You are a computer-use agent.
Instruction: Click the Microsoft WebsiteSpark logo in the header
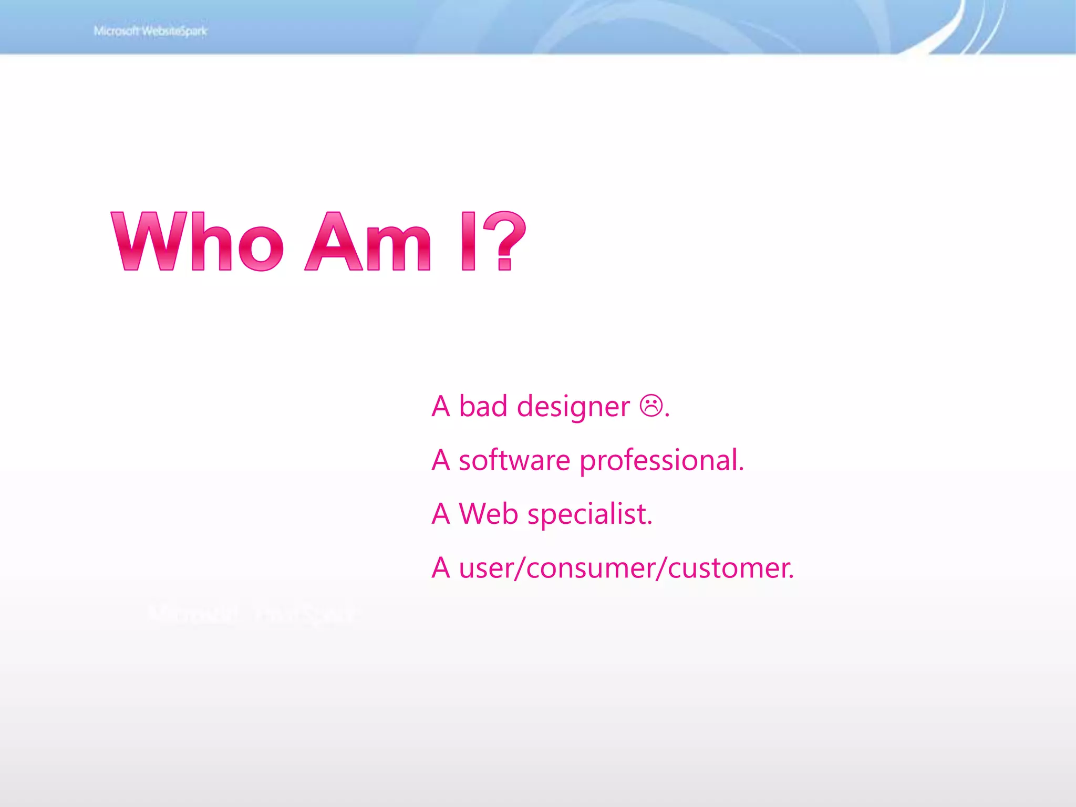coord(150,31)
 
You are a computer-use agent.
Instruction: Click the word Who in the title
coord(198,242)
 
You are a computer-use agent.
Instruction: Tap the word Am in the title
coord(368,242)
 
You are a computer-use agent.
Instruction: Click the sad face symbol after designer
coord(651,406)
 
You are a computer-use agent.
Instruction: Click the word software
coord(514,460)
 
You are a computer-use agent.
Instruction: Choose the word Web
coord(488,514)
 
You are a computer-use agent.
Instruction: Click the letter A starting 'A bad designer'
coord(441,407)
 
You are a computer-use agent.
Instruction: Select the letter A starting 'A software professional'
coord(441,460)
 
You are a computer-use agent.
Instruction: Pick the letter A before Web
coord(441,514)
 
